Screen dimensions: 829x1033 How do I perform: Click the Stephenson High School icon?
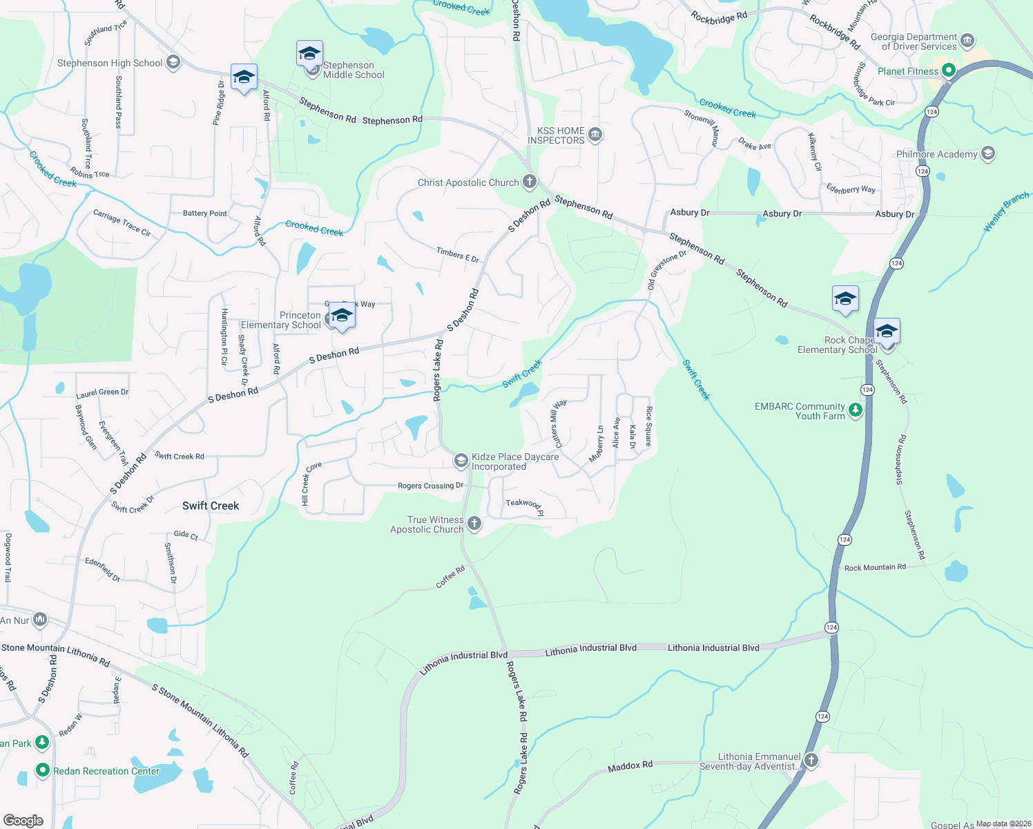[173, 63]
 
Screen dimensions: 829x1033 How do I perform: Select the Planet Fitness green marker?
[949, 70]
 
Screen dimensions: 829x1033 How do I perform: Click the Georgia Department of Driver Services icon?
[967, 40]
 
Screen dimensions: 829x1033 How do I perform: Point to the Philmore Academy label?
[936, 154]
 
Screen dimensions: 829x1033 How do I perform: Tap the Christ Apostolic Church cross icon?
[530, 182]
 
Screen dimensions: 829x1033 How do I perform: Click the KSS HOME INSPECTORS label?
[556, 135]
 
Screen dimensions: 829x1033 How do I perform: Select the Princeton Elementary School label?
[281, 320]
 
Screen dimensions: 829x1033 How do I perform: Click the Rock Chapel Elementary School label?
[837, 345]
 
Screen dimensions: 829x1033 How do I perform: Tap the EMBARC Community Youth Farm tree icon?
[856, 410]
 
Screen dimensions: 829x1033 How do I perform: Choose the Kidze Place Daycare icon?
[461, 460]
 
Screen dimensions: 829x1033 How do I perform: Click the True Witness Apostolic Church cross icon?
[474, 523]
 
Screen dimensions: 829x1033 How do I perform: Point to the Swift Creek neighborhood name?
[211, 506]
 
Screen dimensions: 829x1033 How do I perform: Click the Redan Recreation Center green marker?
[43, 770]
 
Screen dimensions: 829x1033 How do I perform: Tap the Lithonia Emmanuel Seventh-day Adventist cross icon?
[811, 761]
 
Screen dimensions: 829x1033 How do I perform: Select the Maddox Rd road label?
[630, 766]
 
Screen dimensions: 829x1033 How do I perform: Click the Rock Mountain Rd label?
[875, 567]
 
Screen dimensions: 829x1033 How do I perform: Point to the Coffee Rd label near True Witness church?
[450, 577]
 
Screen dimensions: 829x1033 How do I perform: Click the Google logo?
[23, 820]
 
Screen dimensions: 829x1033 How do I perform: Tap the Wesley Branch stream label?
[1006, 212]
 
